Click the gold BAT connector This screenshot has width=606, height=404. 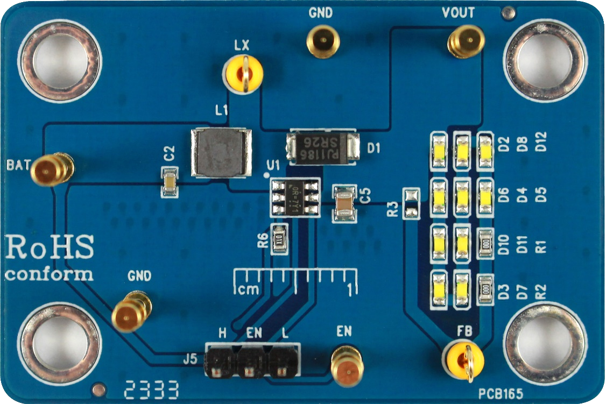click(x=51, y=169)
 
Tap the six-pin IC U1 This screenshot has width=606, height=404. click(x=295, y=197)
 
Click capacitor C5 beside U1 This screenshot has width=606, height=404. click(x=344, y=202)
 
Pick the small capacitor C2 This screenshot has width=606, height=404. click(x=171, y=182)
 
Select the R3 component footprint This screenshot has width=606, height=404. click(x=411, y=203)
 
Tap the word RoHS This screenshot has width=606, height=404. click(x=50, y=249)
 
